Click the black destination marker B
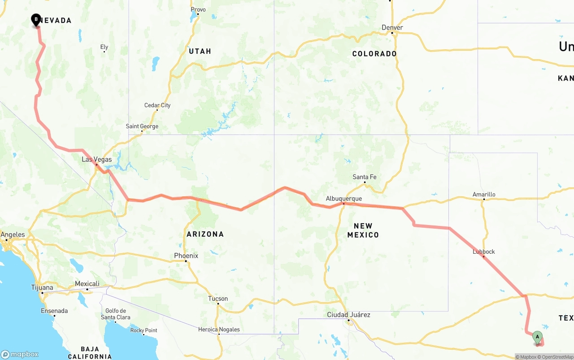[x=36, y=20]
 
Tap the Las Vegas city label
[x=97, y=160]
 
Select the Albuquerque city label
[x=344, y=199]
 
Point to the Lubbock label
[x=484, y=252]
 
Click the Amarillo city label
[x=484, y=195]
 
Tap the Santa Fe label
[x=365, y=177]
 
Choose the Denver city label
[x=392, y=28]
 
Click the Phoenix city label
[x=186, y=256]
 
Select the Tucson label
[x=218, y=299]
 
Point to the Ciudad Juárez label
[x=348, y=315]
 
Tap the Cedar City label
[x=157, y=105]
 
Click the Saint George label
[x=142, y=126]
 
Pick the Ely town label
[x=104, y=47]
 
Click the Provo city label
[x=198, y=9]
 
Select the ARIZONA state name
[x=205, y=234]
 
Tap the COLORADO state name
[x=374, y=54]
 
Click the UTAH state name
[x=200, y=51]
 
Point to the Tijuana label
[x=42, y=288]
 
